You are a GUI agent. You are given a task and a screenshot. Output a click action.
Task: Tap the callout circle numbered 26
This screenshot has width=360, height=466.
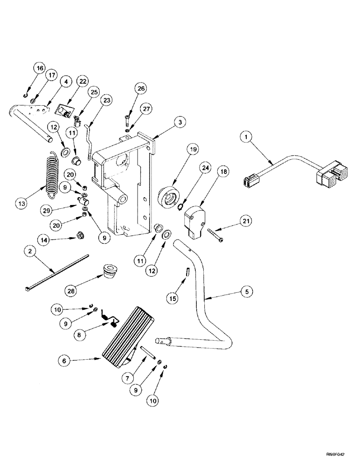point(128,88)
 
